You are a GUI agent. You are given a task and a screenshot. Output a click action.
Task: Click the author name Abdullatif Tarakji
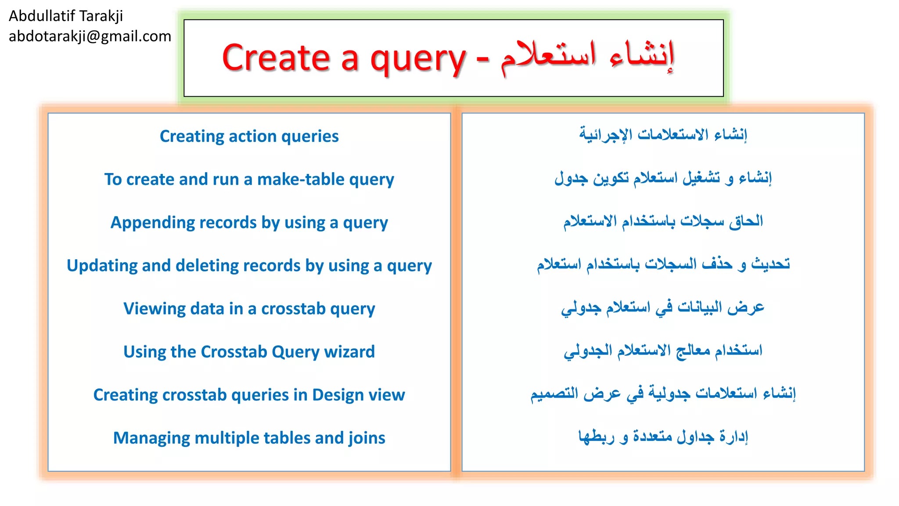pyautogui.click(x=66, y=16)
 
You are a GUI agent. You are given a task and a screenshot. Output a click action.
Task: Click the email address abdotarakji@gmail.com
pyautogui.click(x=90, y=36)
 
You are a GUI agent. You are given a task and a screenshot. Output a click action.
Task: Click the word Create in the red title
pyautogui.click(x=276, y=58)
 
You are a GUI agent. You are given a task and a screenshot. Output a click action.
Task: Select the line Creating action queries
pyautogui.click(x=249, y=136)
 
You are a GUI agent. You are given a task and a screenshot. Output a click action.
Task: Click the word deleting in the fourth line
pyautogui.click(x=207, y=266)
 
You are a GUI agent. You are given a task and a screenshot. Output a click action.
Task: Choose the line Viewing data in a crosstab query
pyautogui.click(x=249, y=309)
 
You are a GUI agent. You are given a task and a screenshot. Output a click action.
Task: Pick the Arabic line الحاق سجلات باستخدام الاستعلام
pyautogui.click(x=663, y=221)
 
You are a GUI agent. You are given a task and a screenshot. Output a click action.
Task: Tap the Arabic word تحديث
pyautogui.click(x=770, y=264)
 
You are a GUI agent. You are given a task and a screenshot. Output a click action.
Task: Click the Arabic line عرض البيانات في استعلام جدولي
pyautogui.click(x=663, y=307)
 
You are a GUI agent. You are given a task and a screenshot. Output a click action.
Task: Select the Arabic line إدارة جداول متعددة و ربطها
pyautogui.click(x=663, y=437)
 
